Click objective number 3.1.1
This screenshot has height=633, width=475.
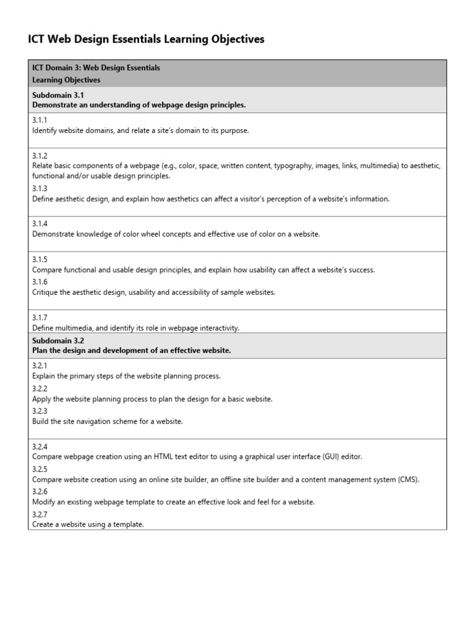point(40,121)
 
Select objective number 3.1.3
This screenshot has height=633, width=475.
point(40,189)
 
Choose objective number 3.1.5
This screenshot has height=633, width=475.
point(40,260)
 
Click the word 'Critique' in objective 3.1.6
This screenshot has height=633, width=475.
point(45,292)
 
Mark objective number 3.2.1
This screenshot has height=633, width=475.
point(40,366)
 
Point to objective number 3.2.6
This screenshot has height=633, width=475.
point(40,491)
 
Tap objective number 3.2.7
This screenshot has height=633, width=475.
point(40,514)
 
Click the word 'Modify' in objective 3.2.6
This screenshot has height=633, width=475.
point(44,502)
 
